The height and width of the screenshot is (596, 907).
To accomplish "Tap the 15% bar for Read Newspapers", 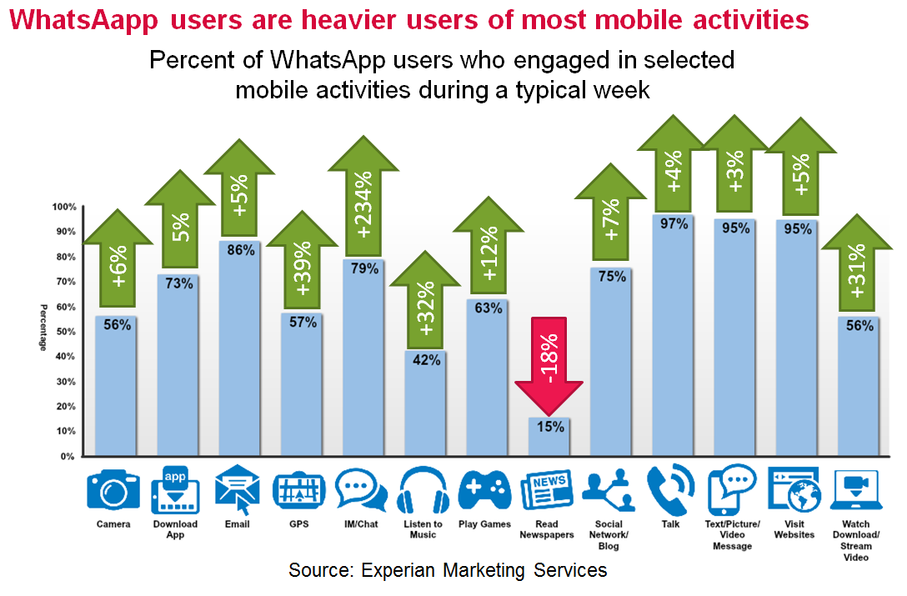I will coord(549,438).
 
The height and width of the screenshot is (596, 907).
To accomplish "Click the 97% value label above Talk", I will coord(674,223).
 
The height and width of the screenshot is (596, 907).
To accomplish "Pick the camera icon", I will coord(113,490).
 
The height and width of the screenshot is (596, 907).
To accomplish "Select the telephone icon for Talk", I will coord(672,490).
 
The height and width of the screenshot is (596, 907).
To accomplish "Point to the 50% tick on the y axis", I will coord(66,332).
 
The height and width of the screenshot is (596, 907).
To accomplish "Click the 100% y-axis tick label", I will coord(64,207).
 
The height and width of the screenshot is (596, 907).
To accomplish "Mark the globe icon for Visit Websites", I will coord(794,493).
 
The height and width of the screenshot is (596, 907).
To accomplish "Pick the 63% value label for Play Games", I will coord(488,308).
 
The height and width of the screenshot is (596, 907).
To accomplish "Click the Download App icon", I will coord(175,490).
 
